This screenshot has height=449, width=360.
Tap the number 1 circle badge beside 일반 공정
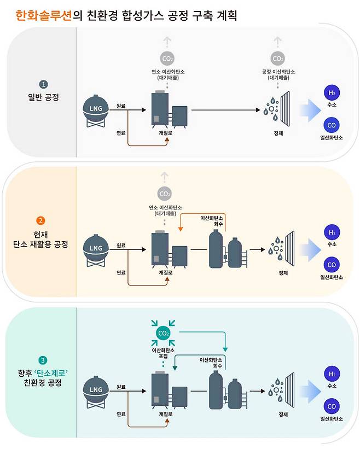point(43,85)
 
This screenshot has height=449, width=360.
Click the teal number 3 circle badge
point(43,360)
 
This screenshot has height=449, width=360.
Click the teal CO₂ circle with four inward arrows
point(164,333)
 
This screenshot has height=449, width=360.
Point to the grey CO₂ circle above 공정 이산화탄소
point(278,59)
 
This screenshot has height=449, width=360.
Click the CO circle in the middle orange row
point(332,265)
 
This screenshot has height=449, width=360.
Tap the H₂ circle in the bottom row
point(332,375)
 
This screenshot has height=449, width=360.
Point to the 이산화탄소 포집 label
point(164,351)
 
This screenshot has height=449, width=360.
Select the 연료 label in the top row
point(121,132)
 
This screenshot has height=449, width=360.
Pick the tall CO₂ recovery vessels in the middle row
point(226,249)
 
